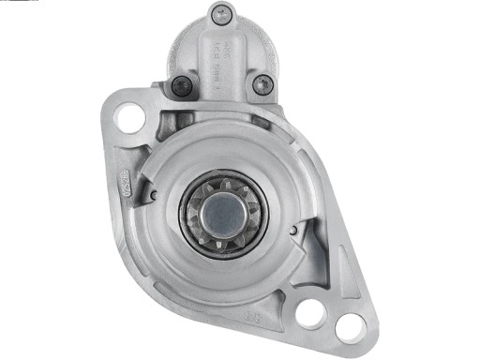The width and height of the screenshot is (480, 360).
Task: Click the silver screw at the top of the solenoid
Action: coord(221,15)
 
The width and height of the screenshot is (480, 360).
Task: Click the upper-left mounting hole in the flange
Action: coord(130,119)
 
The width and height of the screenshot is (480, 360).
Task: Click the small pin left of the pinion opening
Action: coord(153,195)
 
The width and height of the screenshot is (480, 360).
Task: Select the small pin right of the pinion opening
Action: coord(294,228)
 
